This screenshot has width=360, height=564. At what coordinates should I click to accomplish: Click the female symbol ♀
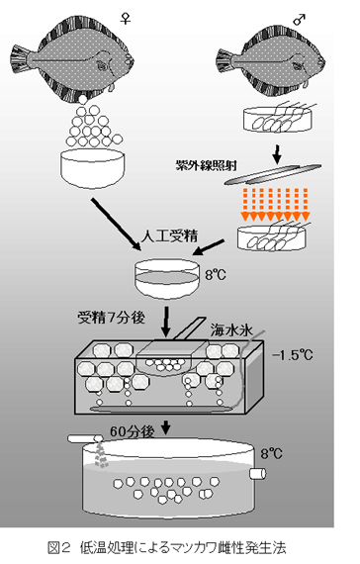coord(125,18)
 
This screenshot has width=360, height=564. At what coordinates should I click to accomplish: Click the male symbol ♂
coord(300,20)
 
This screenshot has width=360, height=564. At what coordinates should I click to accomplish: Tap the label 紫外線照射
coord(206,165)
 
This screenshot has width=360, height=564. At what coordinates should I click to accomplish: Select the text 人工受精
coord(169,236)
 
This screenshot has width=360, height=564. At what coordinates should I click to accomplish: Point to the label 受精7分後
coord(111,318)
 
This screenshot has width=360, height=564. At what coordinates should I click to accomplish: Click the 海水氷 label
coord(232,330)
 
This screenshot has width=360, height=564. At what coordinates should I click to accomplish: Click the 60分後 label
coord(133,431)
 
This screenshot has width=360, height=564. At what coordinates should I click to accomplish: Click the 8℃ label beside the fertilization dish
coord(216,275)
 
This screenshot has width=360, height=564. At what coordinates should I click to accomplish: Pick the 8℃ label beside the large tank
coord(272,453)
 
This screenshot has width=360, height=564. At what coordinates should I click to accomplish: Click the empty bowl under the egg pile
coord(92,168)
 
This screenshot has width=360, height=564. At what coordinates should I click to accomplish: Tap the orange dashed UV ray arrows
coord(276,204)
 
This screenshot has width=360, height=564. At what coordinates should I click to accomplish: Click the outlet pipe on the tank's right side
coord(258,473)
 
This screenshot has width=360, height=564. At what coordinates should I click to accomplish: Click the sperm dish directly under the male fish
coord(278,119)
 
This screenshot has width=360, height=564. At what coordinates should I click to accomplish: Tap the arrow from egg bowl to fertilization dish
coord(116,224)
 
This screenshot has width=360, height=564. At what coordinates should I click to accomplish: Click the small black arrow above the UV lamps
coord(277,153)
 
